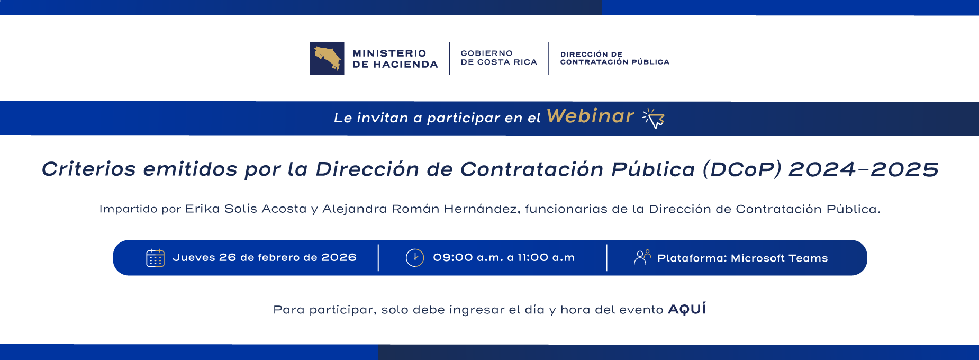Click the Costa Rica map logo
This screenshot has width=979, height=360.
[327, 58]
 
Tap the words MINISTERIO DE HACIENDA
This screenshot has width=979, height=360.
[395, 59]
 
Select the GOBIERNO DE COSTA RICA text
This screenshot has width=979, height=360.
[498, 58]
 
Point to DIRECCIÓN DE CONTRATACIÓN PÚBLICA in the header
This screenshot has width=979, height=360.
[614, 58]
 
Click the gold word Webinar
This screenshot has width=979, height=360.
[590, 116]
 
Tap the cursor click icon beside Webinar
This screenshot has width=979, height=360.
[654, 118]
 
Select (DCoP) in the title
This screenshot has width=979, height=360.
[741, 169]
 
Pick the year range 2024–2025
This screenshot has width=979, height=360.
[863, 169]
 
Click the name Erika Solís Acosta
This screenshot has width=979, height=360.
[246, 209]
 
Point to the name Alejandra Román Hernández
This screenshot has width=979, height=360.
[420, 209]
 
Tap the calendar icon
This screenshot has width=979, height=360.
[155, 258]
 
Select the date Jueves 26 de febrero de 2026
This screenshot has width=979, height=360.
[264, 258]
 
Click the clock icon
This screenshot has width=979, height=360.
[415, 258]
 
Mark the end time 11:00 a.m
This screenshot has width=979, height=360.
[546, 258]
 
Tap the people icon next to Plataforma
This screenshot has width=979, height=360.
[642, 257]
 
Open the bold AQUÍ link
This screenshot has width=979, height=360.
[687, 309]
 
